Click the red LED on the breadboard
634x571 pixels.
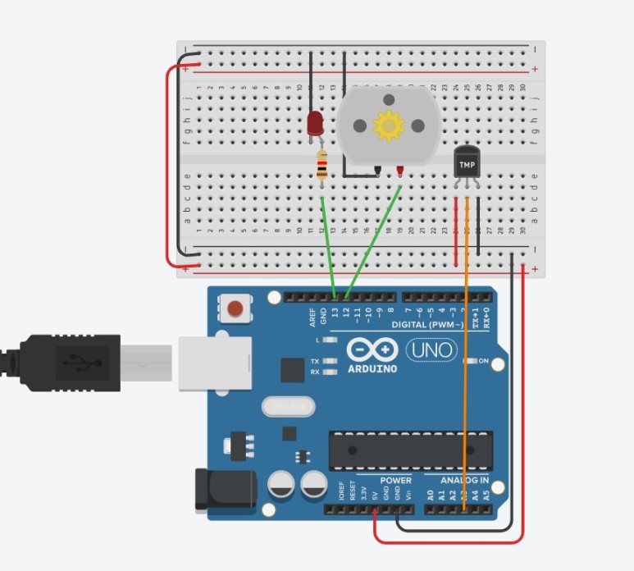point(314,124)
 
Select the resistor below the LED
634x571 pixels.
point(322,167)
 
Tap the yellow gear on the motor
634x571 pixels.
point(387,126)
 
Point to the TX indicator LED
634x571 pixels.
point(331,361)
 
